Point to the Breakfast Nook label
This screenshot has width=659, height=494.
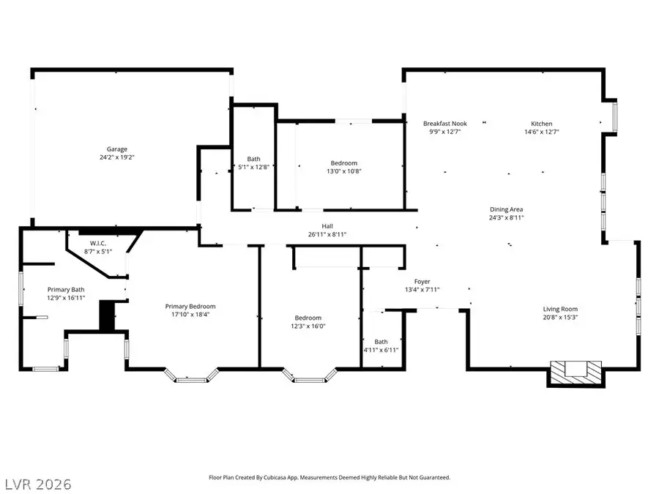pyautogui.click(x=444, y=124)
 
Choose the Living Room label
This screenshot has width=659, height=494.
pyautogui.click(x=559, y=309)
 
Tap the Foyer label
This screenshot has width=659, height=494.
pyautogui.click(x=422, y=281)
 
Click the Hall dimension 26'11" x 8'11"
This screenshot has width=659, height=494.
pyautogui.click(x=327, y=234)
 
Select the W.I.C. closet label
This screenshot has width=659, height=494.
pyautogui.click(x=99, y=244)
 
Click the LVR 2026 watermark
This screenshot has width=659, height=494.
pyautogui.click(x=37, y=484)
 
